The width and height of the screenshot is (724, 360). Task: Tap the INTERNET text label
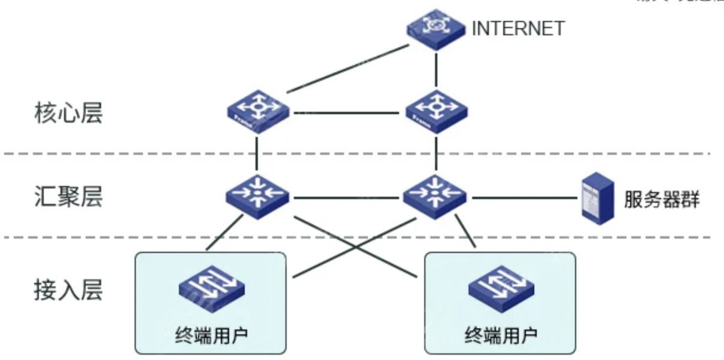click(518, 29)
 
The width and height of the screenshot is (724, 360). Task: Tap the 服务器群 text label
click(661, 199)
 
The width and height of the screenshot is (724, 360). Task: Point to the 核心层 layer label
click(68, 112)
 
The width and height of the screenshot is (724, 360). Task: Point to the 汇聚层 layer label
click(68, 196)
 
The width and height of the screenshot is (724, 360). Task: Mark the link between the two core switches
click(347, 112)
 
